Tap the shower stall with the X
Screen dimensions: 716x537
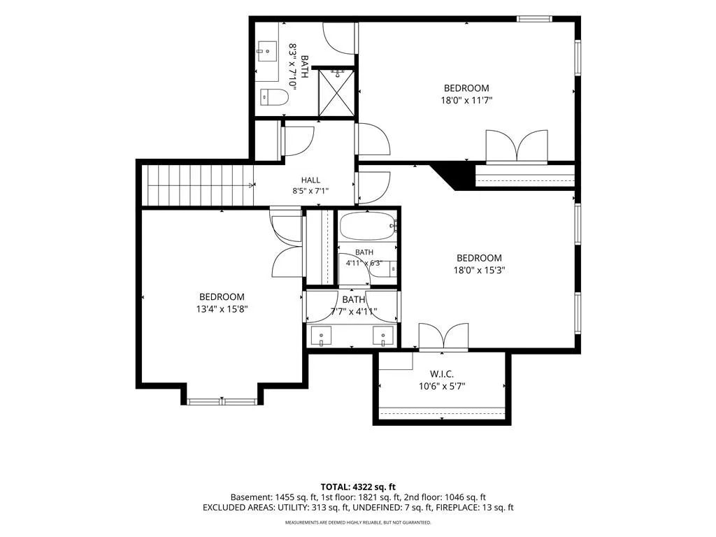336,92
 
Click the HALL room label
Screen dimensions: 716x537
310,180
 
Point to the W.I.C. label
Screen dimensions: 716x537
442,375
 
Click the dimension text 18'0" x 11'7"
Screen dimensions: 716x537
466,100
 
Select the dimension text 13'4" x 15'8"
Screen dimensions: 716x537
222,309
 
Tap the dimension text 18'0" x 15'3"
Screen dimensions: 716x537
479,270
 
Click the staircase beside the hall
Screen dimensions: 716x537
198,185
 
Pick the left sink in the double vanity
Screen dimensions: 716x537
322,336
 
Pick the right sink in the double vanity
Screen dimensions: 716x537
382,336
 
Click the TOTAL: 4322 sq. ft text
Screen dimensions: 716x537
358,487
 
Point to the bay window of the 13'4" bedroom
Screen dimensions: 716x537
222,402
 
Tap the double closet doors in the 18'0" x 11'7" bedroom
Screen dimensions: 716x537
517,146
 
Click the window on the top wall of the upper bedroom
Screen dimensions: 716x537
534,19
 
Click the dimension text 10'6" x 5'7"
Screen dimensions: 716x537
442,387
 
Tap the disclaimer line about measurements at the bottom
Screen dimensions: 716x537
358,522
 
